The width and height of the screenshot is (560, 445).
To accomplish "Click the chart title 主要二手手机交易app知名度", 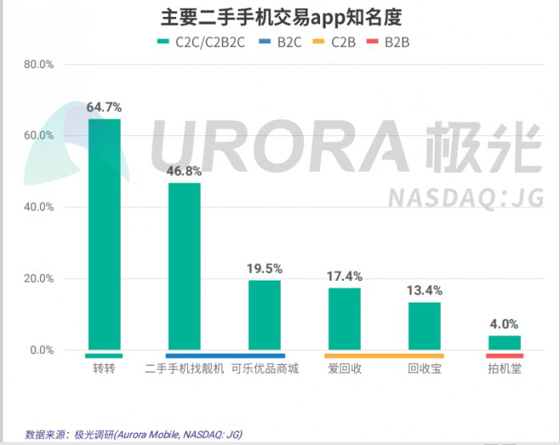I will (x=280, y=17).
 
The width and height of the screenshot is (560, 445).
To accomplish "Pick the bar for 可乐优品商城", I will (x=264, y=315).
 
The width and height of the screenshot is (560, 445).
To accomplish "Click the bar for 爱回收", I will (x=344, y=319).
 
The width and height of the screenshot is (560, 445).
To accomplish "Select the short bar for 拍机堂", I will (x=504, y=343).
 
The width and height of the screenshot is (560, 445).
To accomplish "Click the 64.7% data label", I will (x=104, y=106).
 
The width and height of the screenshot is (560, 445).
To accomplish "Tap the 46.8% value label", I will (x=184, y=170).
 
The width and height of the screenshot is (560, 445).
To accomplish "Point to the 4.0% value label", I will (x=504, y=324).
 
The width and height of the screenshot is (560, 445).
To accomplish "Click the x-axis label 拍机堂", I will (x=504, y=369).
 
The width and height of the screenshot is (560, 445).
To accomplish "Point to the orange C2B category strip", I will (x=384, y=355).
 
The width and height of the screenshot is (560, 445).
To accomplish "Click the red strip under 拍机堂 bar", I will (x=504, y=355).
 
